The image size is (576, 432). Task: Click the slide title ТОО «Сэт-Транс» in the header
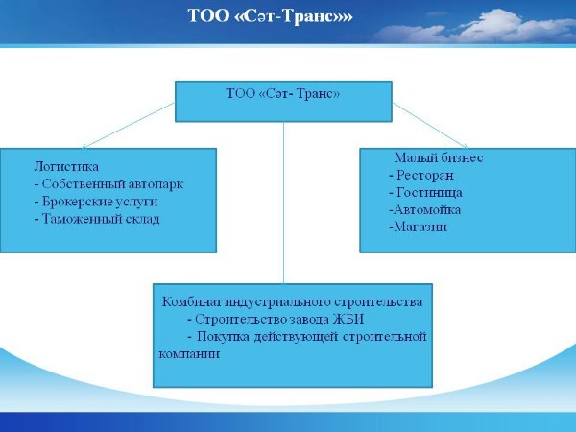pos(270,16)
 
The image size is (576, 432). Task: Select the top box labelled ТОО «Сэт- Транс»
pos(283,102)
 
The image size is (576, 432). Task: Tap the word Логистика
pos(66,167)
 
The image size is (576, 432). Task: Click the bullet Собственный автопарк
pos(108,184)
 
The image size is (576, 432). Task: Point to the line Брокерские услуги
pos(96,202)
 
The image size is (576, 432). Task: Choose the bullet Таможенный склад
pos(97,219)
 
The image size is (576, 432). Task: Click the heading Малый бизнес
pos(439,158)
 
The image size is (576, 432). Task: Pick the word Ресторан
pos(425,176)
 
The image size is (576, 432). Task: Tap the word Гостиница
pos(429,193)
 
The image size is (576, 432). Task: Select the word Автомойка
pos(427,209)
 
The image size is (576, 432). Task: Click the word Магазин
pos(420,227)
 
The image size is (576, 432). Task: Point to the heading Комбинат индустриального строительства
pos(292,302)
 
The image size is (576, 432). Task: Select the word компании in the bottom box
pos(189,354)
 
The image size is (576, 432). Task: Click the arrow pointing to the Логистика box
pos(129,126)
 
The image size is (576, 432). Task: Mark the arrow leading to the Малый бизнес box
pos(430,126)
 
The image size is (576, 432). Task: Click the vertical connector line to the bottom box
pos(283,203)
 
